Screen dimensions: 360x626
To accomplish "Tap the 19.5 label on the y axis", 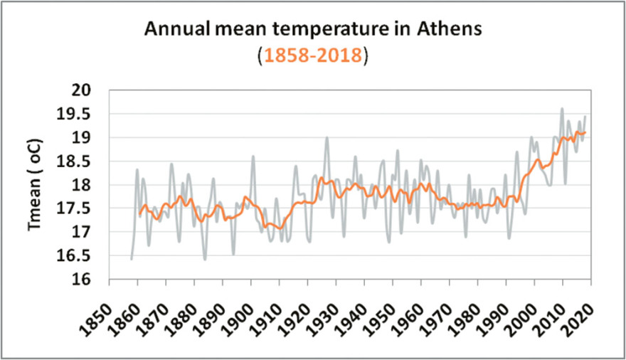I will [83, 114].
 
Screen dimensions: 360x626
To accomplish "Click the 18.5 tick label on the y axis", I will [83, 162].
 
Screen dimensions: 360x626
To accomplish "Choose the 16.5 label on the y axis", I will [83, 256].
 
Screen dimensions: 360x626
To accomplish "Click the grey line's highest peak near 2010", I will [562, 109].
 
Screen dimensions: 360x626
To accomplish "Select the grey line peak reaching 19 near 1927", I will [327, 138].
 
